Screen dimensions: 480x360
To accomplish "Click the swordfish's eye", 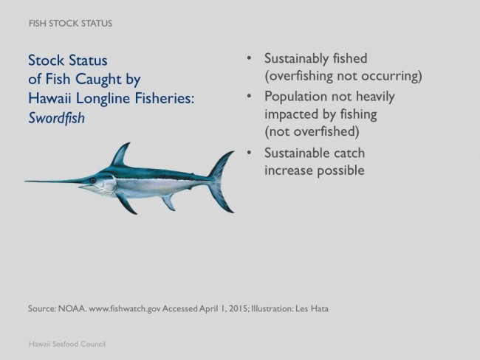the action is [x=93, y=181].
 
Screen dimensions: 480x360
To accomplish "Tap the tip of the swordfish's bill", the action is [x=25, y=181].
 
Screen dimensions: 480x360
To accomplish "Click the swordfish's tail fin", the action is [x=221, y=181].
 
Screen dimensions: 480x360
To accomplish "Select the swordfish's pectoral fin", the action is [x=126, y=204].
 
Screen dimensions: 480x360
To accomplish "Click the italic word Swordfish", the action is [x=56, y=118].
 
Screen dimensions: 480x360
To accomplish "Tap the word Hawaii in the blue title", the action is [x=49, y=98].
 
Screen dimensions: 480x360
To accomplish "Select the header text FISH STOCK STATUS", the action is [x=70, y=24].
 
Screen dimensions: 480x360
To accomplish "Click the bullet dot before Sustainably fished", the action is [x=249, y=58].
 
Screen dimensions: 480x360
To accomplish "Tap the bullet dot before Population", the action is [x=249, y=96].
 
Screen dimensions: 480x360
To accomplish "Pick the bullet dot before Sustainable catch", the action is [x=249, y=152].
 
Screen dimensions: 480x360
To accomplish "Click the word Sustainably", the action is [x=295, y=59].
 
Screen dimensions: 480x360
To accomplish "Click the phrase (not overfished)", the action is [x=312, y=131].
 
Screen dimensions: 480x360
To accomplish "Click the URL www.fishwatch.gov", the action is [x=124, y=308].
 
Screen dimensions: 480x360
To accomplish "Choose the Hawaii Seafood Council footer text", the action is [x=67, y=344].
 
